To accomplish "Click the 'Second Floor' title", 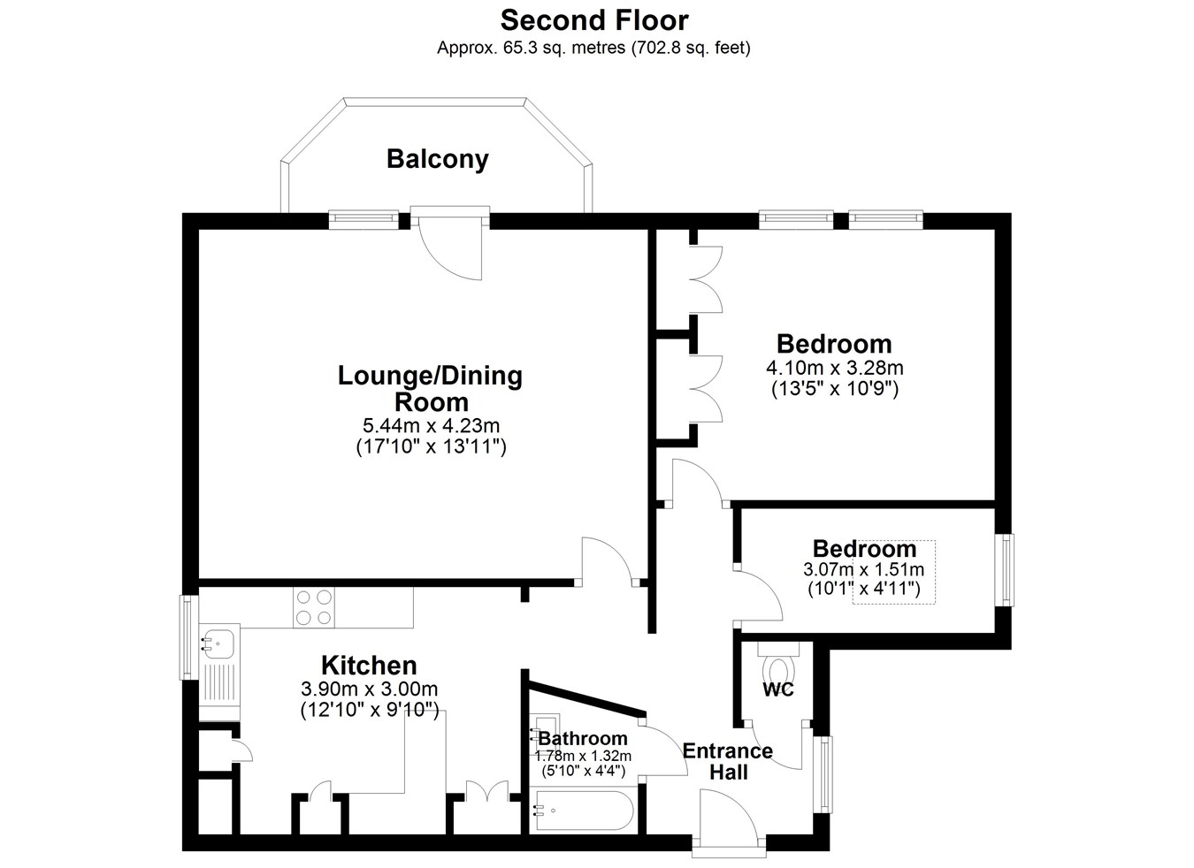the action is [593, 21].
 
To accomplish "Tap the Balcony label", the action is [437, 159].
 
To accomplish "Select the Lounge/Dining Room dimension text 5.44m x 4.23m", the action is [431, 425].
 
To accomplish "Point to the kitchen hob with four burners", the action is [313, 607].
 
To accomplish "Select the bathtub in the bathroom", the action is [585, 810].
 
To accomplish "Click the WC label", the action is [777, 689].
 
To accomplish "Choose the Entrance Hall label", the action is [728, 761].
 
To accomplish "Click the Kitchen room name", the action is [369, 666].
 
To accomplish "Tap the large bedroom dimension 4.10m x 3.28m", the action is [835, 368].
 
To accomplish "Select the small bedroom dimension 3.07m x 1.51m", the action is [863, 569].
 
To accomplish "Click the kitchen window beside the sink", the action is [187, 638].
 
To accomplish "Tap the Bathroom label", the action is [583, 739].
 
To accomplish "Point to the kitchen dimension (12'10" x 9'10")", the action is [370, 711].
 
